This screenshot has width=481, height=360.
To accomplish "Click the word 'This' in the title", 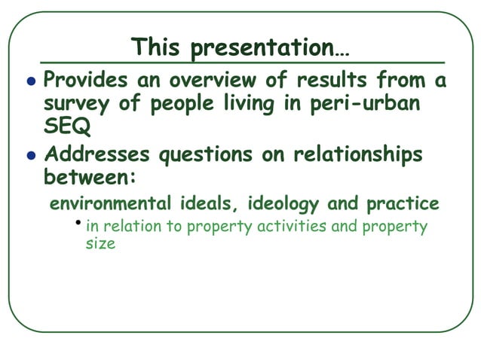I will [157, 47].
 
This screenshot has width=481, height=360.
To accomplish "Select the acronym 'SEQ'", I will [66, 128].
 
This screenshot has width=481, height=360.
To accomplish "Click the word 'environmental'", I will [112, 204].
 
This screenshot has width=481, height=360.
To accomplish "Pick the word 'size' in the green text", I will [100, 244].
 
